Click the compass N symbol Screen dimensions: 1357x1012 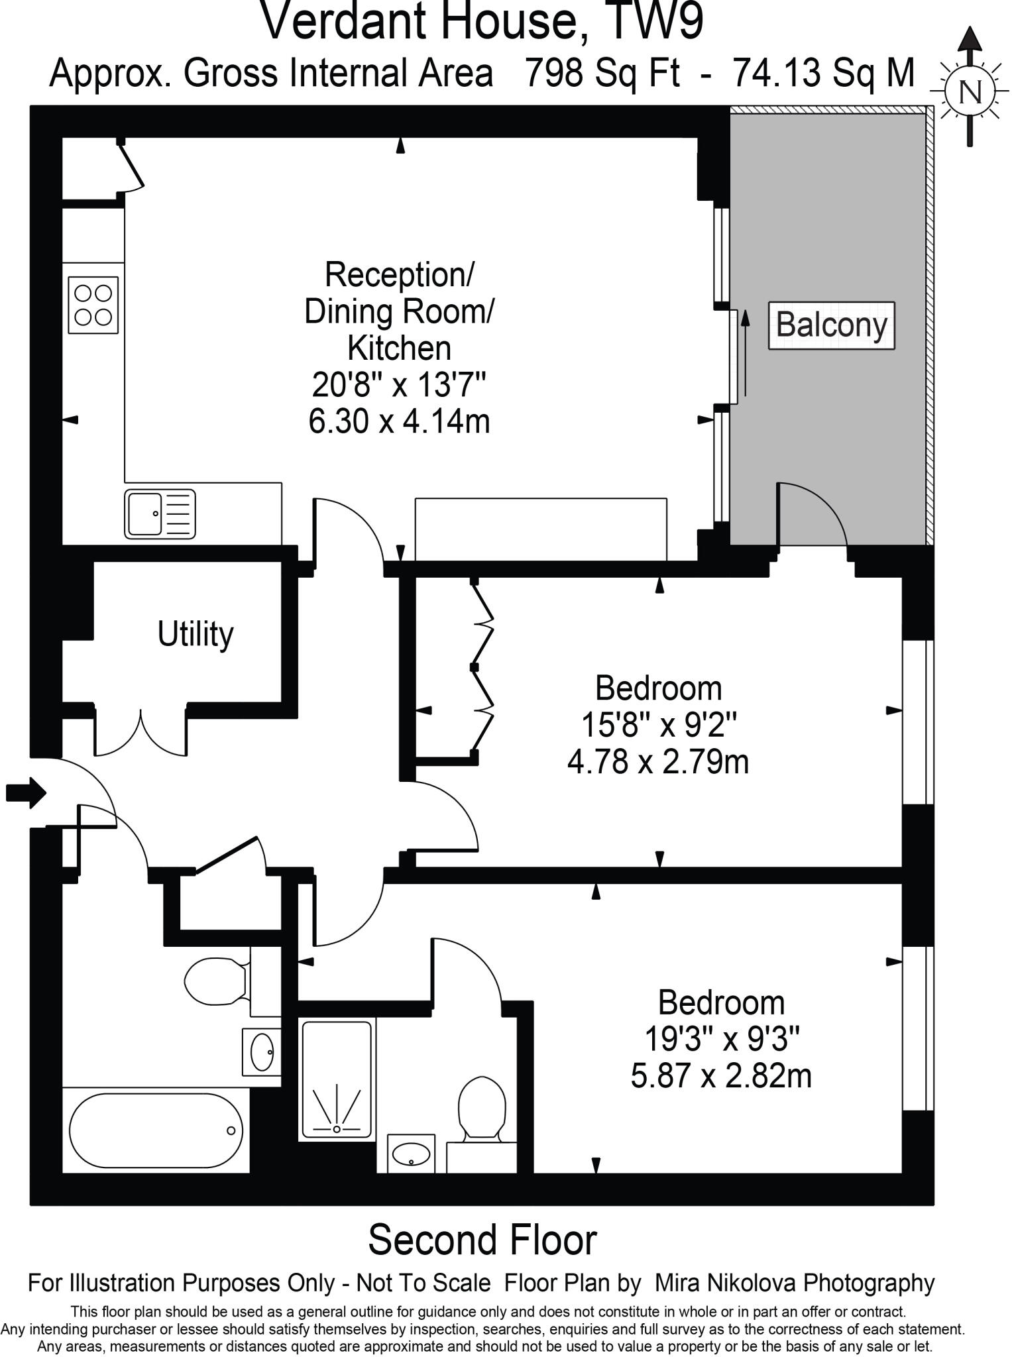(970, 91)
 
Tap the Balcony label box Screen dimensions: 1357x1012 (831, 325)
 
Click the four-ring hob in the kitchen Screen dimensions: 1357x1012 (93, 304)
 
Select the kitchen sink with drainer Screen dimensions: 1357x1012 (160, 514)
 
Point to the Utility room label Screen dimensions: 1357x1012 (196, 634)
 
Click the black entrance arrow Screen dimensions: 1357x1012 (25, 792)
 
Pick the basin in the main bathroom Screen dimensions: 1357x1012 (262, 1051)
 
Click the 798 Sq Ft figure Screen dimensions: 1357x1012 (602, 73)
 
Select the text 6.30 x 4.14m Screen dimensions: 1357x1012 (399, 421)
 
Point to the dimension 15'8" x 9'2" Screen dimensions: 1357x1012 (659, 725)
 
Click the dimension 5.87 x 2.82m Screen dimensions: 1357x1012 (721, 1076)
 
